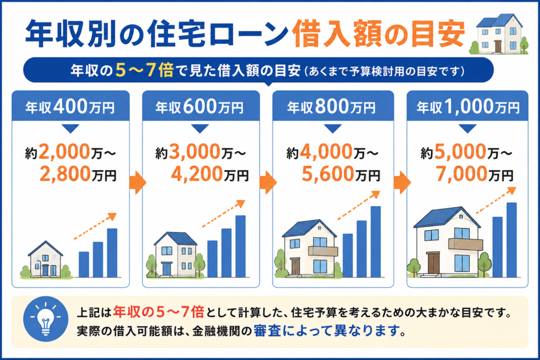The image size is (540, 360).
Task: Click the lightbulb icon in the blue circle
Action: [45, 319]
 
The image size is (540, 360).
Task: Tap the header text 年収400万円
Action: [70, 106]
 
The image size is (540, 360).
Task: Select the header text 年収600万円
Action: [200, 106]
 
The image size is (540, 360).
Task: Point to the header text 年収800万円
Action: [331, 106]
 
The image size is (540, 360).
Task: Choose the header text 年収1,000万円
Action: [468, 106]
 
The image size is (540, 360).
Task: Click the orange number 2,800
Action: [65, 174]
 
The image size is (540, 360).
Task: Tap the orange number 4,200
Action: [197, 174]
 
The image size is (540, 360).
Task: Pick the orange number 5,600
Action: [328, 174]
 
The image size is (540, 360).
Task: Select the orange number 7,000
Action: [462, 174]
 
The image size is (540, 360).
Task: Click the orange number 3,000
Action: [195, 152]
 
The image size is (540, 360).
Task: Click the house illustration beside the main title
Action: [499, 34]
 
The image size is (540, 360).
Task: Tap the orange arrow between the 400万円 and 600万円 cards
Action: [138, 182]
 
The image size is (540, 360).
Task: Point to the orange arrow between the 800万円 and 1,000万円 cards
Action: [402, 182]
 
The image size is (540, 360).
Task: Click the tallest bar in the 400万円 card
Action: [112, 252]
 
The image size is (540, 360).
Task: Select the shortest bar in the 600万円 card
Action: [212, 259]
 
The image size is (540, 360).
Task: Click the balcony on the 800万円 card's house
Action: [323, 251]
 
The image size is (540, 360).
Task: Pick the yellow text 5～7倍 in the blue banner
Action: [144, 70]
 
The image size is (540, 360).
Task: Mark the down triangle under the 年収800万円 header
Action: [333, 129]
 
